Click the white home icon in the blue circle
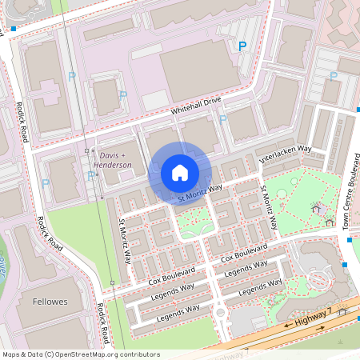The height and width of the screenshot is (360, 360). click(180, 173)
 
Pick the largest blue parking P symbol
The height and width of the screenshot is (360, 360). click(242, 46)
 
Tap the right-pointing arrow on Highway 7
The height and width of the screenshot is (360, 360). click(321, 329)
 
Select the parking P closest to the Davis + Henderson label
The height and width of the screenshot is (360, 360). click(89, 175)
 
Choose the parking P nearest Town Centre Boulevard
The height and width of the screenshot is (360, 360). click(332, 76)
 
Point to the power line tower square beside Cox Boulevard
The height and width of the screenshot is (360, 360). click(113, 283)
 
